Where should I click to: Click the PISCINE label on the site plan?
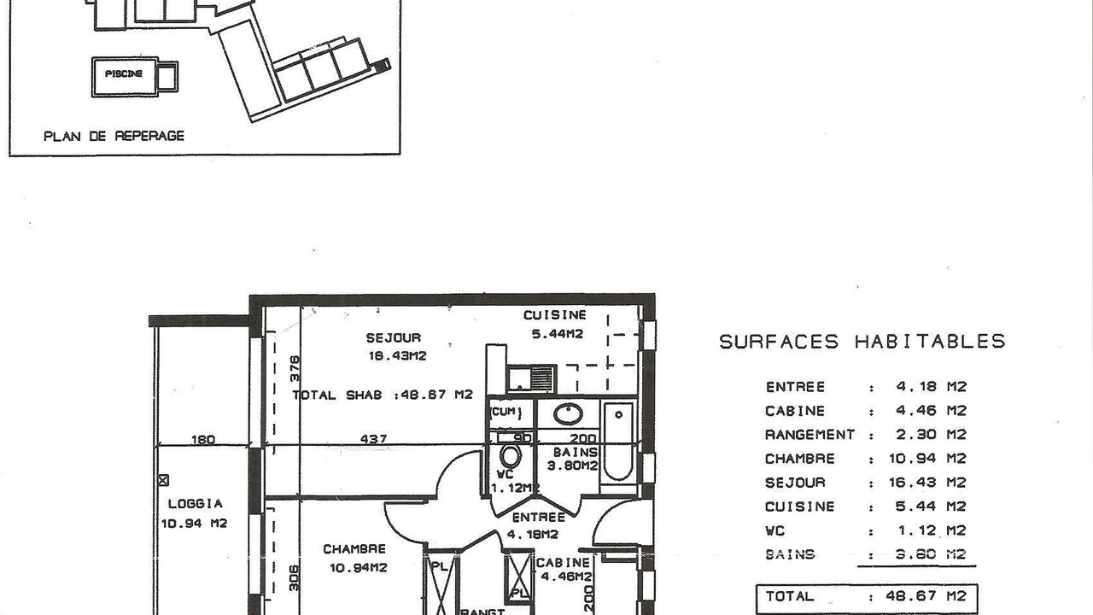pos(124,73)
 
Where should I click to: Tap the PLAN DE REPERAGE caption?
pos(114,136)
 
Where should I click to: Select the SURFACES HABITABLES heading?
pos(862,341)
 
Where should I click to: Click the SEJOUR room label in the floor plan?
pos(394,337)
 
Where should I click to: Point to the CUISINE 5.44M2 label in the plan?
pos(555,324)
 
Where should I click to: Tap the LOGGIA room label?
pos(196,503)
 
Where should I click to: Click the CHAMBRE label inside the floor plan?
pos(354,548)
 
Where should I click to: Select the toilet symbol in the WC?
pos(511,456)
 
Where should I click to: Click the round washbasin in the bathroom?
pos(568,414)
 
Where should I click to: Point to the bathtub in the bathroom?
pos(618,441)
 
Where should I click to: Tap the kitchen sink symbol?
pos(531,379)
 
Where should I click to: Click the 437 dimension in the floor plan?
pos(374,439)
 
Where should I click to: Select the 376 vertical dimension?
pos(295,368)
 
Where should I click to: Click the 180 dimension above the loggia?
pos(203,440)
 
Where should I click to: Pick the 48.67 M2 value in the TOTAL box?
pos(926,596)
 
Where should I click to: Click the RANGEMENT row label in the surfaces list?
pos(810,435)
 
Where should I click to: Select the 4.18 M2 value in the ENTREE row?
pos(931,387)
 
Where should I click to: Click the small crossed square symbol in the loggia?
pos(163,480)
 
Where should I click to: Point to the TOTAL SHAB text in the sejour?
pos(337,395)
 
